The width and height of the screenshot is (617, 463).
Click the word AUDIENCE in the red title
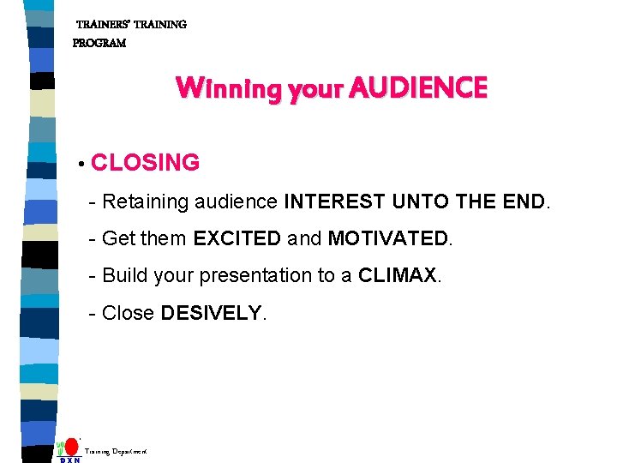pyautogui.click(x=419, y=88)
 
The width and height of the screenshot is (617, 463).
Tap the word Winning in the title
pyautogui.click(x=215, y=88)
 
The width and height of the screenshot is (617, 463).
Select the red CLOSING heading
pyautogui.click(x=145, y=163)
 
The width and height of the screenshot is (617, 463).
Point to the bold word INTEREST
pyautogui.click(x=335, y=202)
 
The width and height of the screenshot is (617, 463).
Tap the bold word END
pyautogui.click(x=523, y=202)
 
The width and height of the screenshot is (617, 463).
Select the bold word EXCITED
pyautogui.click(x=237, y=239)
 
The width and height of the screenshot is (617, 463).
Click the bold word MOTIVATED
pyautogui.click(x=387, y=239)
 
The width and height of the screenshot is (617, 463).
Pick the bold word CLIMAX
pyautogui.click(x=398, y=276)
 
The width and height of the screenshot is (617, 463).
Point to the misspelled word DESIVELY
pyautogui.click(x=211, y=314)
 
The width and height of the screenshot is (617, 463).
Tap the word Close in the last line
pyautogui.click(x=128, y=314)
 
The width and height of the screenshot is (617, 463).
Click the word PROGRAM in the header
pyautogui.click(x=99, y=43)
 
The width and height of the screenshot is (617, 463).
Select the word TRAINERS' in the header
pyautogui.click(x=103, y=25)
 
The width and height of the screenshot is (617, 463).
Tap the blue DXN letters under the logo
pyautogui.click(x=70, y=460)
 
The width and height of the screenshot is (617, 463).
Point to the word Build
pyautogui.click(x=125, y=276)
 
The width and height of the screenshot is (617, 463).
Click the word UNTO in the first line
pyautogui.click(x=421, y=202)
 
